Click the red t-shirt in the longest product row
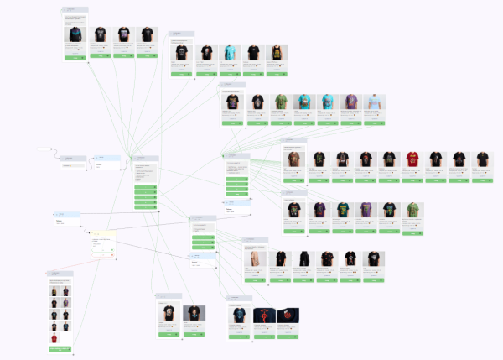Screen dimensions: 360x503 click(412, 160)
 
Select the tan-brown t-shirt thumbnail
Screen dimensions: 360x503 click(293, 160)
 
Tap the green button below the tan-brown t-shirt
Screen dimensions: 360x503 click(293, 180)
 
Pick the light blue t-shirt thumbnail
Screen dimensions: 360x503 click(375, 102)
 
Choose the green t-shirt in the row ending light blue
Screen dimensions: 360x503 click(280, 102)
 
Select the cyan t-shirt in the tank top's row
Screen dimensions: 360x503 click(230, 55)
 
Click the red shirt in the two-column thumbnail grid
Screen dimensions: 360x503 click(54, 338)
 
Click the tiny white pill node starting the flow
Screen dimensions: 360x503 click(44, 149)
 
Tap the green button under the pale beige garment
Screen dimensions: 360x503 click(255, 280)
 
